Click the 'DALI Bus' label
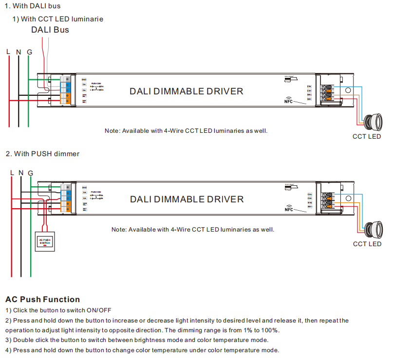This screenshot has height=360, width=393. [50, 30]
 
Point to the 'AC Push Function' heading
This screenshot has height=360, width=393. [42, 299]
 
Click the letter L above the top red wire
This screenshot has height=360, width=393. [8, 52]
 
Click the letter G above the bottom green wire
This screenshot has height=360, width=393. [31, 173]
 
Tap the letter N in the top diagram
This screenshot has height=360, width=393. [19, 52]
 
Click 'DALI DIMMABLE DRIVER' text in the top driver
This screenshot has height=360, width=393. [186, 91]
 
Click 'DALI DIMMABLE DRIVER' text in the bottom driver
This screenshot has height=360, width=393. [187, 199]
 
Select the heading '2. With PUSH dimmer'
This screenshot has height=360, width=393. [42, 154]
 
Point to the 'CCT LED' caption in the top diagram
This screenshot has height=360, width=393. [367, 136]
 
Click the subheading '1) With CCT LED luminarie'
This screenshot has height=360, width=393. [57, 18]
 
